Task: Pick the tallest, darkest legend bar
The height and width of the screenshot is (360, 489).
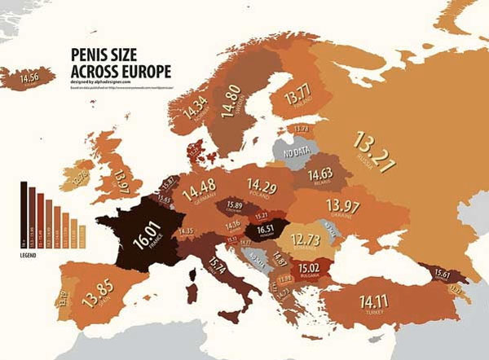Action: click(x=24, y=212)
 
